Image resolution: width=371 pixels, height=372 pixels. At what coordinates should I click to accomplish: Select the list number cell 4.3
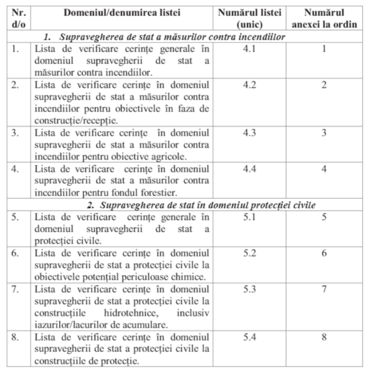pyautogui.click(x=256, y=133)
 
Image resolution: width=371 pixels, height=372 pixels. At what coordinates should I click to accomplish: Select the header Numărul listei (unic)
pyautogui.click(x=256, y=18)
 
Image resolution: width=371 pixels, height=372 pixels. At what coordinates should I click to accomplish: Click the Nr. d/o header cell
pyautogui.click(x=18, y=18)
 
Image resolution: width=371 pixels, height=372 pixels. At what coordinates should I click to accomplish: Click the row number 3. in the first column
pyautogui.click(x=15, y=133)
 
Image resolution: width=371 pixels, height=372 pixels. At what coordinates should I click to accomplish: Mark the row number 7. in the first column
pyautogui.click(x=15, y=290)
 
